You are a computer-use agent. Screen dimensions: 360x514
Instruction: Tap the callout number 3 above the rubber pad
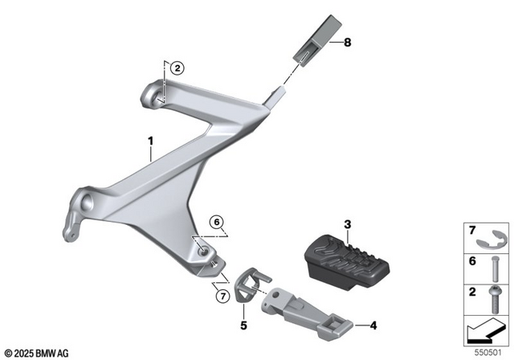coord(347,223)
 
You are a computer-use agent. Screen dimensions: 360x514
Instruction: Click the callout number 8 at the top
coord(348,43)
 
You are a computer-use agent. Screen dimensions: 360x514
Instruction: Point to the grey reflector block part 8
coord(314,39)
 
